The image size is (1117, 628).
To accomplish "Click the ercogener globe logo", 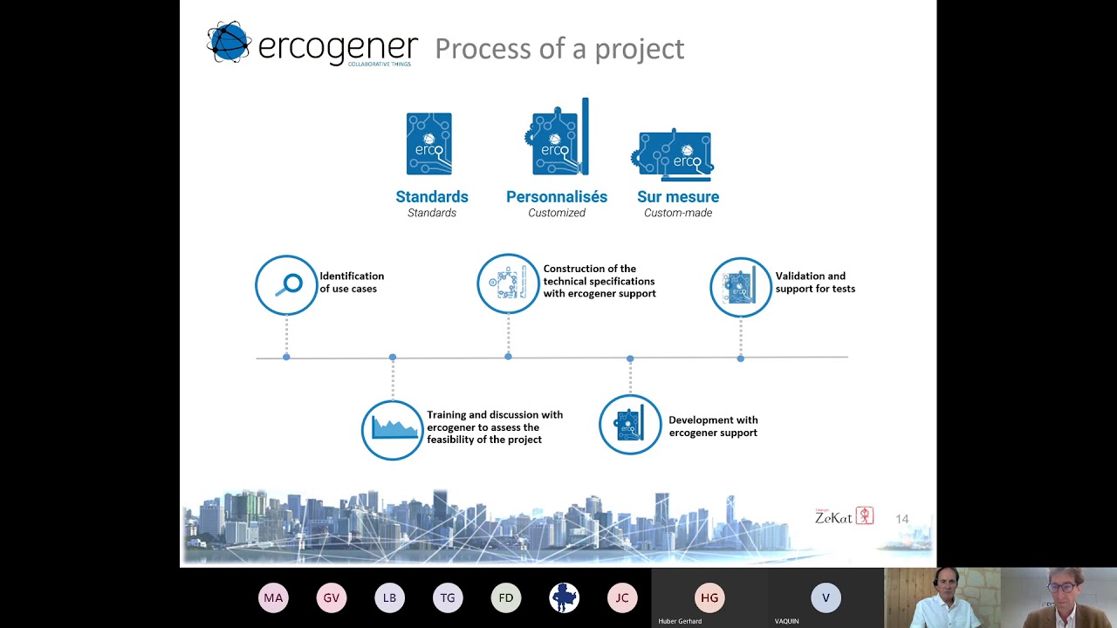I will (229, 43).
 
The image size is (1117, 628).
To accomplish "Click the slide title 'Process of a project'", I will (559, 49).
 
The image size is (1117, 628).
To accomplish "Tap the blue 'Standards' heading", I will (432, 197).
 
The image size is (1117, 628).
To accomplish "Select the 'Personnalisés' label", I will (557, 197).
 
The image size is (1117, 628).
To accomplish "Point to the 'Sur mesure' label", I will (678, 197).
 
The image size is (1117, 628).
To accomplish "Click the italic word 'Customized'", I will (557, 213).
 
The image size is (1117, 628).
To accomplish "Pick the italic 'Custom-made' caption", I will (678, 213).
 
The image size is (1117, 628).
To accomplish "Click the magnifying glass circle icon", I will (286, 285).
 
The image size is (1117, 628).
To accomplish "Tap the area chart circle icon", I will (393, 429).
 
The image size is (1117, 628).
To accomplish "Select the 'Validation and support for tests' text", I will (815, 283).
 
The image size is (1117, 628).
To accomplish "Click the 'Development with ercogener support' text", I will (713, 427).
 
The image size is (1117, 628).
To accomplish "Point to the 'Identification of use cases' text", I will (352, 283).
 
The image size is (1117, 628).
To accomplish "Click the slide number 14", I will (902, 519).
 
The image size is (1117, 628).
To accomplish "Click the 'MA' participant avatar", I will (273, 597).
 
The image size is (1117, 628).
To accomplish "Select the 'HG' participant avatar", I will (709, 597).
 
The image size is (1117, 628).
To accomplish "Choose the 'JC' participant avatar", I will (622, 597).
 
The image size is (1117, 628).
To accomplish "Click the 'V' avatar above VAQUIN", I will (826, 597).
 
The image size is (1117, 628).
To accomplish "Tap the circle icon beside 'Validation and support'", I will (741, 286).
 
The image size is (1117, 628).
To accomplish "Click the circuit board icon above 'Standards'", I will (429, 144).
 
